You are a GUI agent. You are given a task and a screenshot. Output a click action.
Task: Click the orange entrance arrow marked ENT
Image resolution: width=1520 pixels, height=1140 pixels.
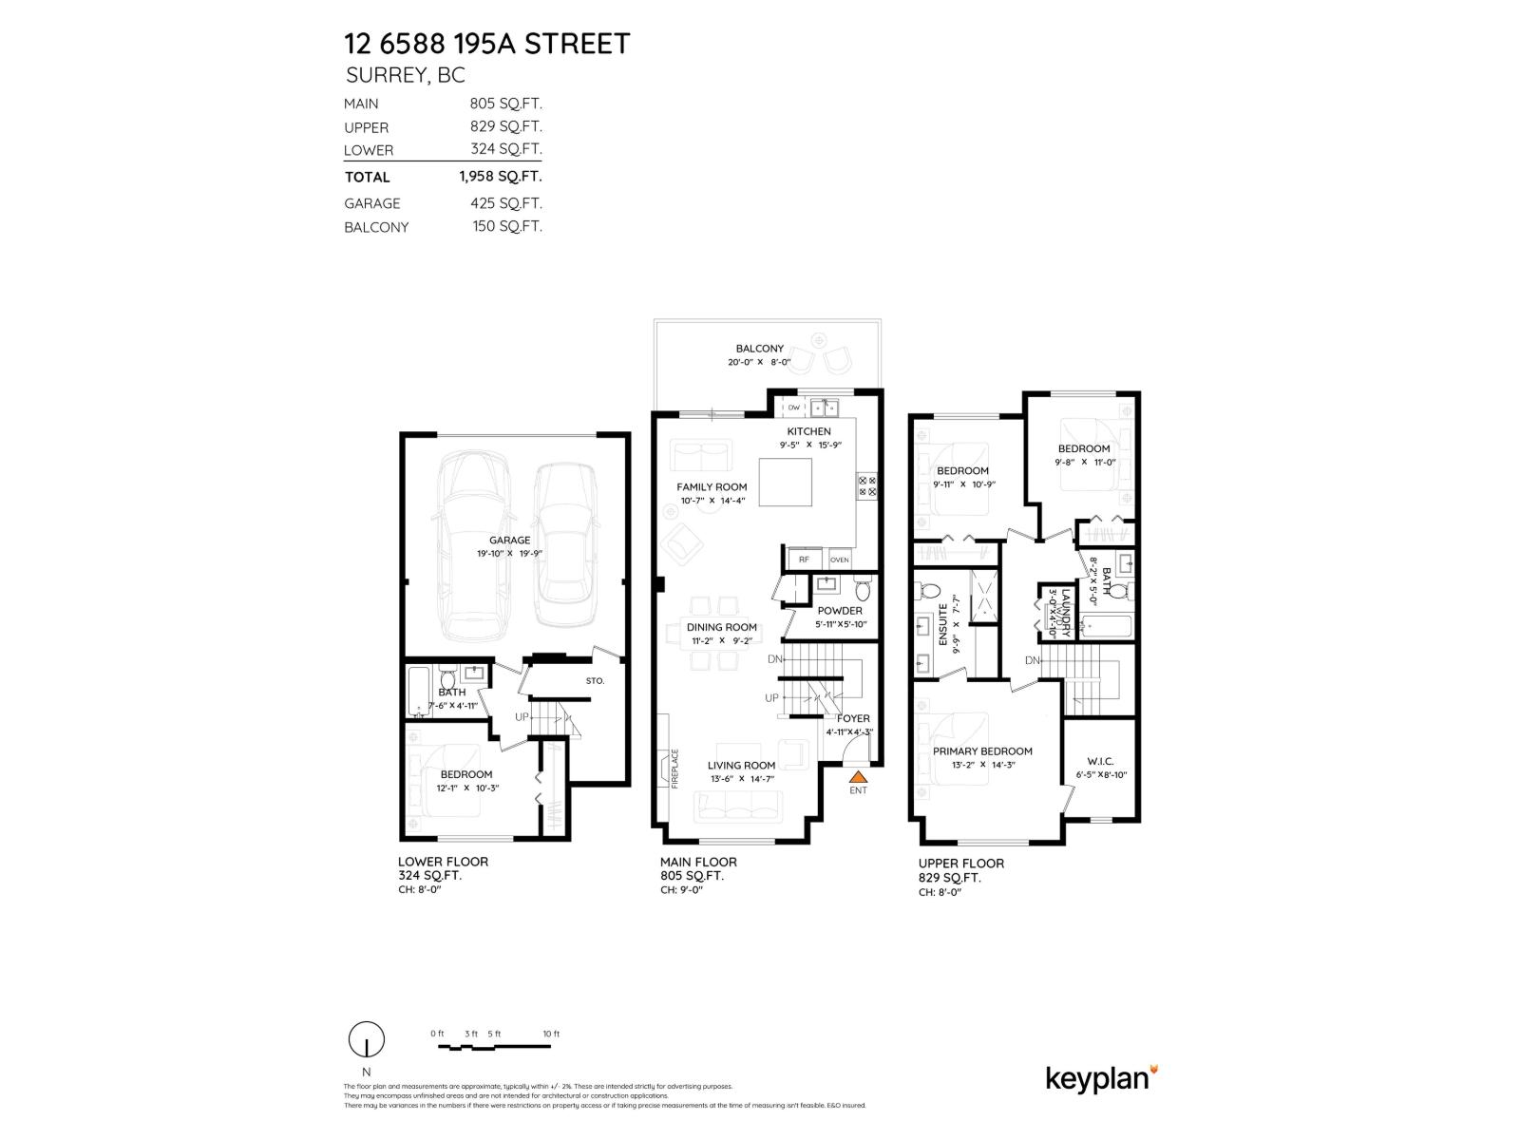tap(858, 775)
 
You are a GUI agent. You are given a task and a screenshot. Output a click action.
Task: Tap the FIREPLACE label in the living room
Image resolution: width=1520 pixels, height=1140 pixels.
tap(675, 769)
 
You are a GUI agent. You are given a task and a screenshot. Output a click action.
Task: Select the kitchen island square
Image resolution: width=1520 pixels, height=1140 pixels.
tap(784, 484)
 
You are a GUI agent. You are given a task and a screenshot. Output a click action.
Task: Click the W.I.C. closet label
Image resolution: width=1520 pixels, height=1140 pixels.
tap(1100, 761)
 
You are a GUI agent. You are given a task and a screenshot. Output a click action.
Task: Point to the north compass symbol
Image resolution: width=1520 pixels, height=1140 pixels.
tap(367, 1040)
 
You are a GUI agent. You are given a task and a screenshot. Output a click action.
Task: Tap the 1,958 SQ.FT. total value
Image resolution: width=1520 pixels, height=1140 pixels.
tap(500, 176)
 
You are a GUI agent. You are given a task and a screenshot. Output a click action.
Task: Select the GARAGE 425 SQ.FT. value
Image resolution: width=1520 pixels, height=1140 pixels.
tap(505, 202)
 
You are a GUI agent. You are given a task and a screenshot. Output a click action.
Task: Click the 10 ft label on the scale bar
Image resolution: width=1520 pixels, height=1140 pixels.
tap(551, 1034)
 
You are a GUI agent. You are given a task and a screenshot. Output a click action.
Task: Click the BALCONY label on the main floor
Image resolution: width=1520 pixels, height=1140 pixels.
tap(759, 349)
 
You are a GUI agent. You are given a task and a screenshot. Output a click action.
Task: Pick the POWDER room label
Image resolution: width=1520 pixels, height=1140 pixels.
tap(840, 611)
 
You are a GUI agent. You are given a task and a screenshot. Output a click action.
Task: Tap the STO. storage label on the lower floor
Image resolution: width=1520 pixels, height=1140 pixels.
tap(595, 680)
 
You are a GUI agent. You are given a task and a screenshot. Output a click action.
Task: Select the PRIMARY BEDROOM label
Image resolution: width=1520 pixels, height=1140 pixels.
tap(981, 750)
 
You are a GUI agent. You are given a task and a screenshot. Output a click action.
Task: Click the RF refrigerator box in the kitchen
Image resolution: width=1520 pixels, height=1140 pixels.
tap(804, 560)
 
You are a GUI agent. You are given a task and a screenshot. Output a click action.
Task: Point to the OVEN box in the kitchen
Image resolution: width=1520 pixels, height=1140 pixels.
tap(839, 560)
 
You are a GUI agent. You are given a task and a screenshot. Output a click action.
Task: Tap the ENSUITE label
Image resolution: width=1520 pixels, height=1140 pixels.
tap(943, 624)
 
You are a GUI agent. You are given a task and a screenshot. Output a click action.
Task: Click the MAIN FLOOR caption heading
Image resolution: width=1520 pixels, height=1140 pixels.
tap(698, 862)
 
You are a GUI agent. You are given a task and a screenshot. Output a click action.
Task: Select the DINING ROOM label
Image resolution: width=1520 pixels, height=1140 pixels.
tap(722, 627)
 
